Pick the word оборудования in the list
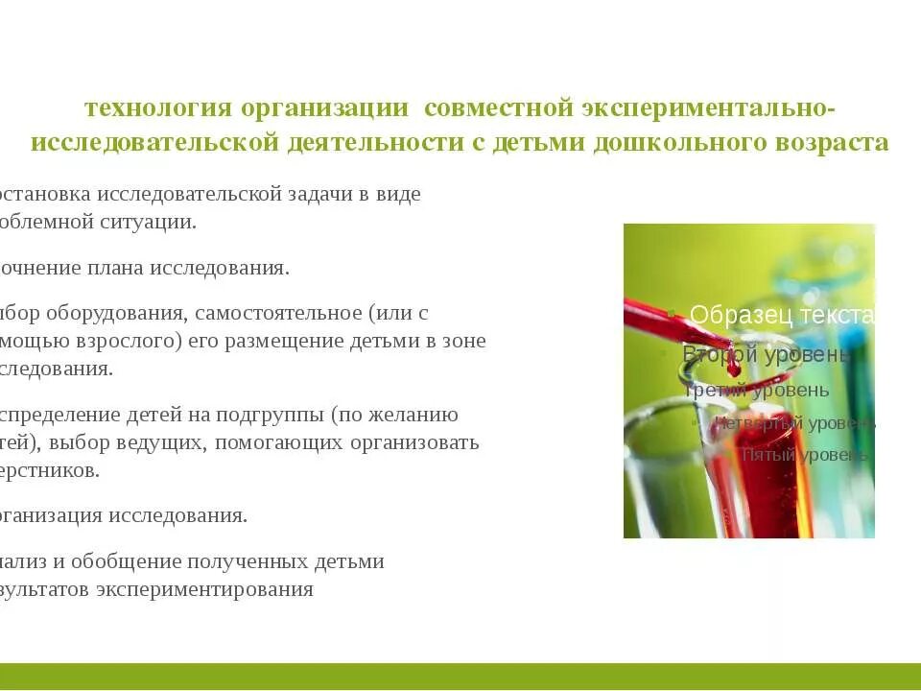click(x=128, y=313)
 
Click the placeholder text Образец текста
click(x=782, y=314)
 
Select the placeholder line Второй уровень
click(x=767, y=354)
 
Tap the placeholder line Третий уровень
click(x=757, y=390)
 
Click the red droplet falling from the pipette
click(x=734, y=366)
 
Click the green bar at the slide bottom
click(x=460, y=676)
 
